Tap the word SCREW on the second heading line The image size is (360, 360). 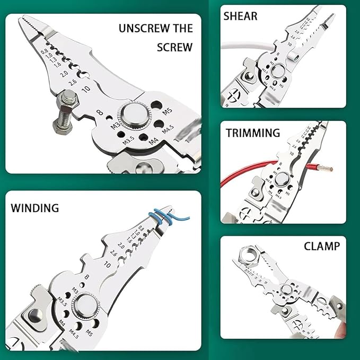tap(174, 47)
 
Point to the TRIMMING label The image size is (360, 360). tap(253, 133)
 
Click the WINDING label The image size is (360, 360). tap(35, 207)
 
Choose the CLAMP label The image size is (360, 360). tap(322, 247)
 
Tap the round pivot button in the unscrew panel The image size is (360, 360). tap(133, 115)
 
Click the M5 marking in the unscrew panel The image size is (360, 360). tap(168, 111)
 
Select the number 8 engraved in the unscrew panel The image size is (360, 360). tap(100, 112)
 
